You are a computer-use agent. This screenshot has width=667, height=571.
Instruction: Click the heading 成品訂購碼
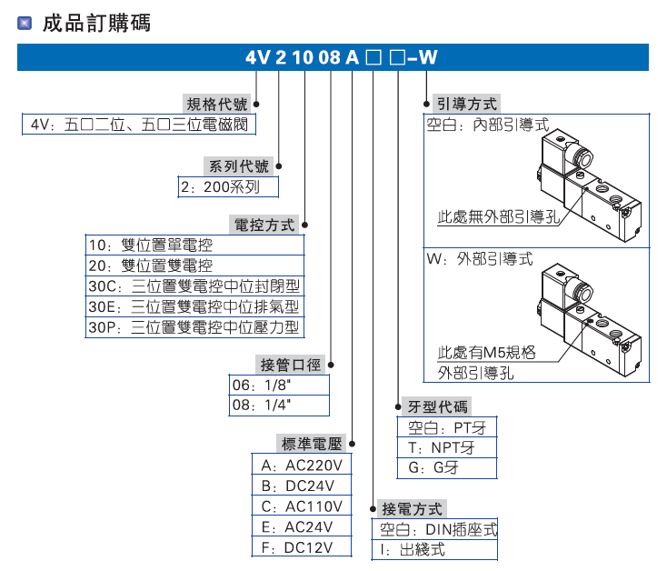[x=95, y=24]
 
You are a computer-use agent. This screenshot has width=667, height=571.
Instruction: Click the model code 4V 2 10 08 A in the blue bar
[x=302, y=58]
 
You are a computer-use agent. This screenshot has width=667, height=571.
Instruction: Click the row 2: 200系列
[x=227, y=188]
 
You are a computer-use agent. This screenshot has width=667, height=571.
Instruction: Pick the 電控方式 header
[x=265, y=225]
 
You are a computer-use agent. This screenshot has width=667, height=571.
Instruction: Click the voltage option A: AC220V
[x=301, y=466]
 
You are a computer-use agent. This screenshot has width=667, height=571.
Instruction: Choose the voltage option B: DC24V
[x=301, y=486]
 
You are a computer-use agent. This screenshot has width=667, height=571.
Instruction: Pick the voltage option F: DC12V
[x=301, y=547]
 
